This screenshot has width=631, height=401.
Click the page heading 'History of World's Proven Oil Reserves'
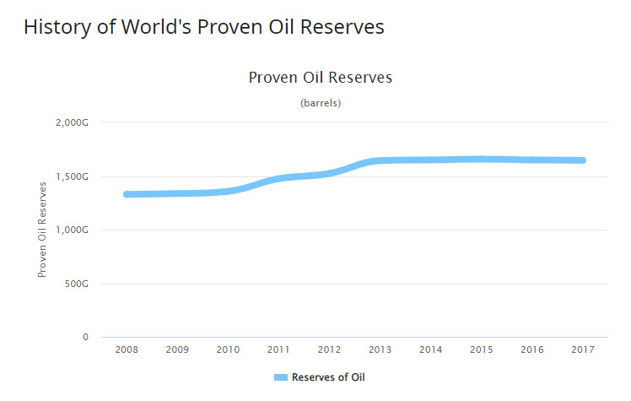[203, 27]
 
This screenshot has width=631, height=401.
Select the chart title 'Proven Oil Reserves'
[321, 78]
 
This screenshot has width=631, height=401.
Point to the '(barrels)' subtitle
[321, 103]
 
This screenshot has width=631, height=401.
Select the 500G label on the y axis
[76, 284]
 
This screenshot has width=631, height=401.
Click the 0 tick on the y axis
[85, 337]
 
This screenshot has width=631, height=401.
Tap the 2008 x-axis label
[127, 349]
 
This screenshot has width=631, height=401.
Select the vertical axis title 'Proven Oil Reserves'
[41, 230]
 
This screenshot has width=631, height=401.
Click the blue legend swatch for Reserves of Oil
[281, 377]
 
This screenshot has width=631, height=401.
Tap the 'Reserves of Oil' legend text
[328, 377]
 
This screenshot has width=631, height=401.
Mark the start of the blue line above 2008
[127, 194]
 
